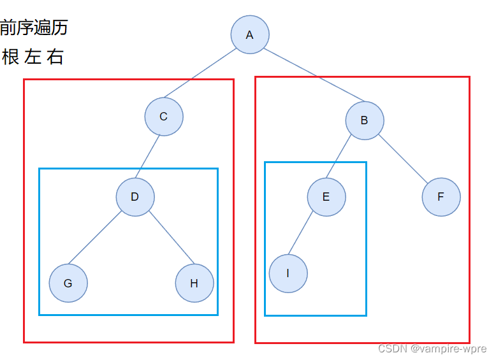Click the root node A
(250, 34)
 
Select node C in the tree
(164, 117)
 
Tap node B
(365, 120)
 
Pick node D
(135, 197)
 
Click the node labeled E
(326, 197)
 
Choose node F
(441, 197)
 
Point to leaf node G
(68, 283)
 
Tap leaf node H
(194, 283)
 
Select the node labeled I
(288, 273)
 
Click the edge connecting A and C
(200, 73)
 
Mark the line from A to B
(314, 75)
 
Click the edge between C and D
(147, 157)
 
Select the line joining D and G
(95, 238)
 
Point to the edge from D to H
(171, 238)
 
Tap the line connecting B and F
(403, 159)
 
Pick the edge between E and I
(300, 233)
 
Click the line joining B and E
(339, 156)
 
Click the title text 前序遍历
(34, 27)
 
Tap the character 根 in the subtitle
(10, 57)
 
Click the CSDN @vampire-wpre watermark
(432, 349)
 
